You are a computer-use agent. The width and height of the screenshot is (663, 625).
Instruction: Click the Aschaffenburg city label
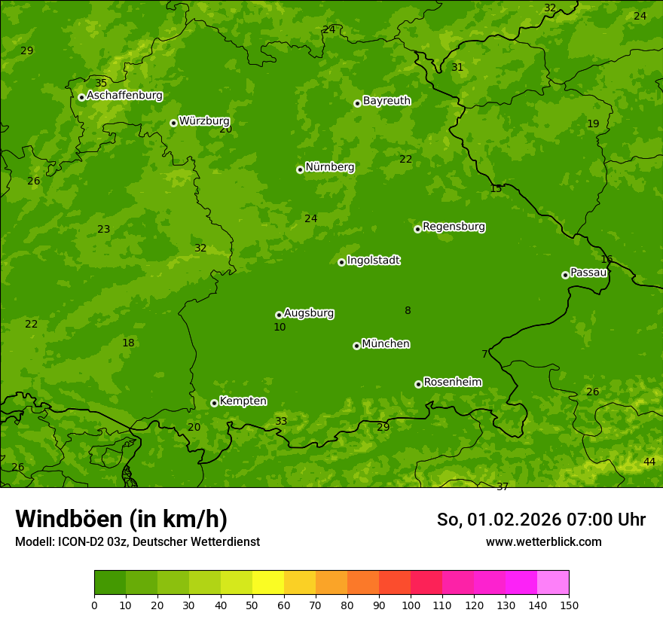pyautogui.click(x=124, y=96)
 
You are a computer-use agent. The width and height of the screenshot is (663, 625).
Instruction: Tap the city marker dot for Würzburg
pyautogui.click(x=173, y=123)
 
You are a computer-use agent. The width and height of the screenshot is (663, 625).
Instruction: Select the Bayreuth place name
pyautogui.click(x=386, y=100)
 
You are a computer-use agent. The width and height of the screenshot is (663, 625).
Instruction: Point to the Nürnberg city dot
pyautogui.click(x=300, y=169)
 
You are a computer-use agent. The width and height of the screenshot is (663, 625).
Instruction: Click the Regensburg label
pyautogui.click(x=454, y=227)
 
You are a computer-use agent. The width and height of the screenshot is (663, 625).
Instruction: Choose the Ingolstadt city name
pyautogui.click(x=373, y=261)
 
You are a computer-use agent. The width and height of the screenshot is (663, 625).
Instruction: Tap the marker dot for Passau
pyautogui.click(x=565, y=275)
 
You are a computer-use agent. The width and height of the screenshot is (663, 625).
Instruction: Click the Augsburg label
pyautogui.click(x=309, y=313)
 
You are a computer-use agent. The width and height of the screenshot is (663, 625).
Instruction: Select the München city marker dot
pyautogui.click(x=356, y=346)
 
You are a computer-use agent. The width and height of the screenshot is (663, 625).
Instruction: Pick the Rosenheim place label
pyautogui.click(x=452, y=383)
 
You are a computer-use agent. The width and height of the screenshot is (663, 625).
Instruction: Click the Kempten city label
pyautogui.click(x=243, y=401)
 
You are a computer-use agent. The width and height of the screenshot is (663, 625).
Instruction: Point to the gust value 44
pyautogui.click(x=649, y=462)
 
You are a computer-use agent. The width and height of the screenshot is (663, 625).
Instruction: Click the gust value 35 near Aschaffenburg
pyautogui.click(x=101, y=83)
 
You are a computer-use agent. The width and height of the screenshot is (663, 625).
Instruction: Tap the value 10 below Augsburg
pyautogui.click(x=280, y=328)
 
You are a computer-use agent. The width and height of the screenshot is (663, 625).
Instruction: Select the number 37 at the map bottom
pyautogui.click(x=503, y=486)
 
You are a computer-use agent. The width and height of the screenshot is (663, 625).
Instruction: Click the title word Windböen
pyautogui.click(x=68, y=519)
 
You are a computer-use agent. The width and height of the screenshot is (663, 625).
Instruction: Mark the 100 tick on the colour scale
pyautogui.click(x=411, y=605)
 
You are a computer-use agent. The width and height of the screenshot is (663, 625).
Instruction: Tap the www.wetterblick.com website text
pyautogui.click(x=543, y=541)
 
